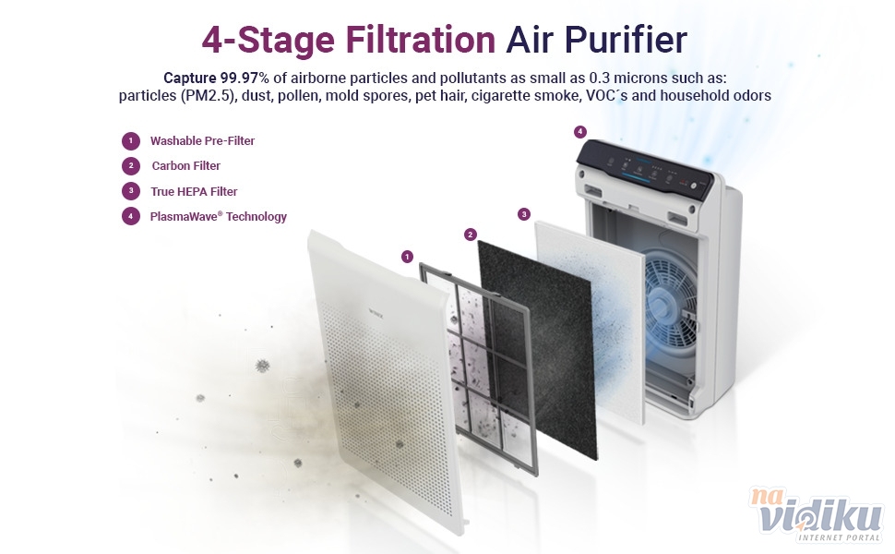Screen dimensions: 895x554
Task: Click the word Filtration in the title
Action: click(420, 40)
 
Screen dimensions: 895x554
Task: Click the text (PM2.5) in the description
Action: click(209, 95)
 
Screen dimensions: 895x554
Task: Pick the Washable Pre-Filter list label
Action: click(202, 140)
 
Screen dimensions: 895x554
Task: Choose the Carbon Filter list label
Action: click(186, 165)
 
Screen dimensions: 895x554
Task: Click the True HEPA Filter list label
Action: click(194, 191)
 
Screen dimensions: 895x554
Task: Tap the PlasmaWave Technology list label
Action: click(218, 216)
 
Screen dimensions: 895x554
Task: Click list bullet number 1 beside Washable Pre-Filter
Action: click(131, 140)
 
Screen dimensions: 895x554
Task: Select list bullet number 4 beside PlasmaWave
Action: click(131, 216)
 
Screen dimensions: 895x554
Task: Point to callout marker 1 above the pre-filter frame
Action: click(407, 257)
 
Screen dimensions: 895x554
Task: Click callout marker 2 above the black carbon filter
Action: click(471, 235)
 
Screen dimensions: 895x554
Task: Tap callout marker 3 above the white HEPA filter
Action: click(524, 214)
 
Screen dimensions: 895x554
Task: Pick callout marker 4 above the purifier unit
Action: click(580, 132)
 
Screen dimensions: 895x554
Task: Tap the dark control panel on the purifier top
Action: click(645, 169)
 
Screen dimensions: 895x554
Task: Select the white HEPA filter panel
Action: click(591, 319)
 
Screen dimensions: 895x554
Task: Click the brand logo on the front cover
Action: click(376, 313)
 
